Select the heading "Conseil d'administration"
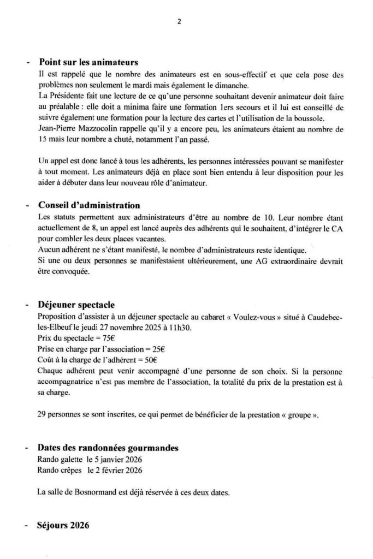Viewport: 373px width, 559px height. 89,206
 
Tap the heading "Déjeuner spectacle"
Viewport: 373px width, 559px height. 76,304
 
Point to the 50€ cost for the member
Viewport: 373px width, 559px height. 149,360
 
